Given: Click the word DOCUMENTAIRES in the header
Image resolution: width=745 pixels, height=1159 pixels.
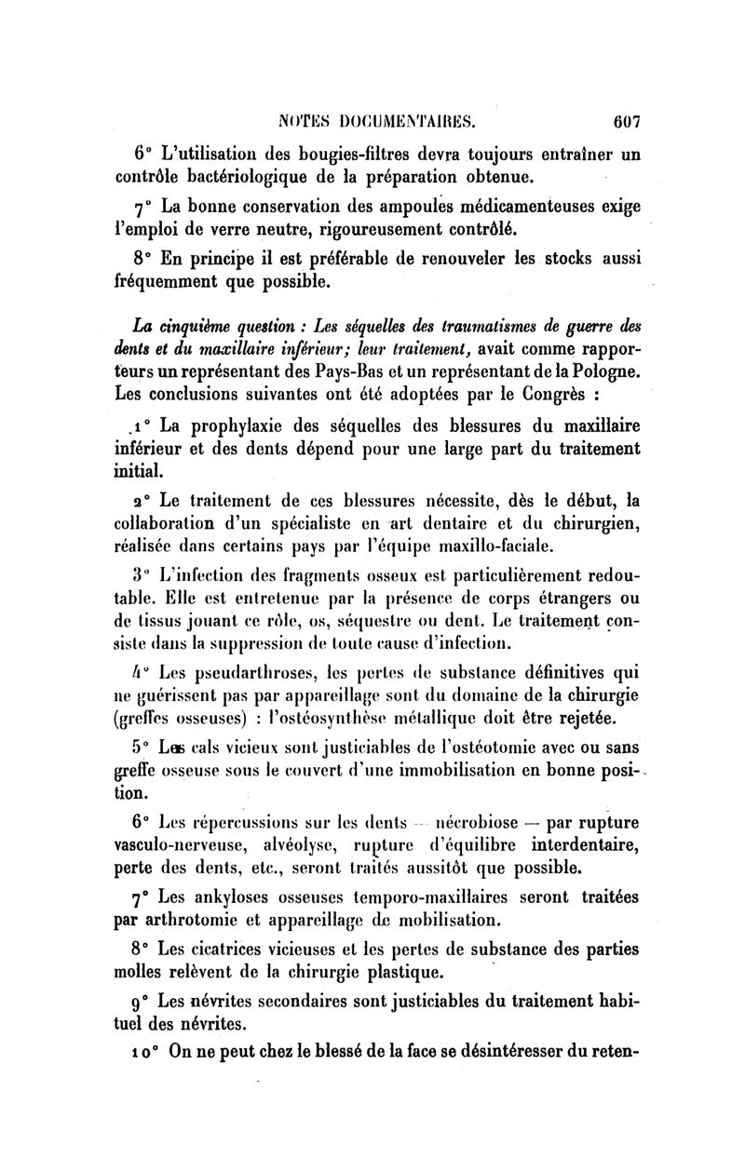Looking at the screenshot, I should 413,120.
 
